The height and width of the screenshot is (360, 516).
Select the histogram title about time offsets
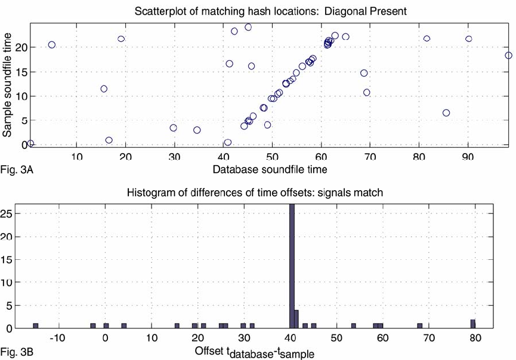[x=255, y=193]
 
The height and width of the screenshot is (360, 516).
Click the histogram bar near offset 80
[x=472, y=324]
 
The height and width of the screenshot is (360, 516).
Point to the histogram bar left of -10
[x=35, y=325]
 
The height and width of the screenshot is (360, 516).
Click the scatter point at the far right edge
[x=508, y=55]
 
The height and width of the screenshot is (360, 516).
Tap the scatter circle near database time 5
[x=52, y=45]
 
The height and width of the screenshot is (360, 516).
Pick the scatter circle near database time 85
[x=446, y=113]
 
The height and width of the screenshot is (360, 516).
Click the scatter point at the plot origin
[x=30, y=144]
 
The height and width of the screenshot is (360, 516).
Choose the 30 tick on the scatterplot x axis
[x=174, y=157]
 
